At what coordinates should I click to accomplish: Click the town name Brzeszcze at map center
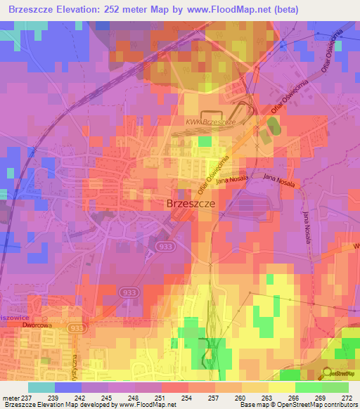pos(191,203)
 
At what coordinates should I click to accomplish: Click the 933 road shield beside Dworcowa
pos(77,328)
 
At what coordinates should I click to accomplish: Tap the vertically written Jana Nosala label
pos(307,226)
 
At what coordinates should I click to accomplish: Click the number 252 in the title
pos(137,10)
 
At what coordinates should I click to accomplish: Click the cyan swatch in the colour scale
pos(41,387)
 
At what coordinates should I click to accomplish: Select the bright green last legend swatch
pos(335,387)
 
